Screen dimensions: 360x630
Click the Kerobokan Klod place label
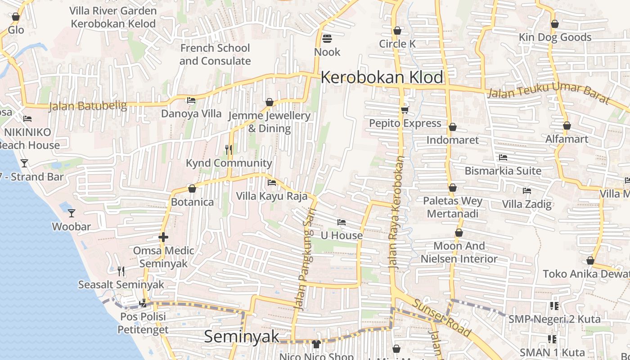pyautogui.click(x=382, y=77)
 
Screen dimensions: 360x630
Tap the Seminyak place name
pyautogui.click(x=242, y=337)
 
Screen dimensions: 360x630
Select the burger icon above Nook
pyautogui.click(x=327, y=38)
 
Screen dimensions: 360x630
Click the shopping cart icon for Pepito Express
pyautogui.click(x=405, y=110)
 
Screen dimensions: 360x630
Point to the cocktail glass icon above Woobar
pyautogui.click(x=72, y=213)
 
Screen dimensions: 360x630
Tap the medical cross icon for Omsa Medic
pyautogui.click(x=163, y=237)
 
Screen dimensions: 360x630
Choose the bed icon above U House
pyautogui.click(x=342, y=222)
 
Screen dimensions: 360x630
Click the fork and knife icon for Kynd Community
pyautogui.click(x=229, y=149)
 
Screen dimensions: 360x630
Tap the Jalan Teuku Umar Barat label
pyautogui.click(x=549, y=93)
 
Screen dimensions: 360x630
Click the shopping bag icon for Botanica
pyautogui.click(x=192, y=189)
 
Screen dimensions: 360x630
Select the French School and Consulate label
pyautogui.click(x=215, y=54)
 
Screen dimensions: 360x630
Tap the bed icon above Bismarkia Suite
pyautogui.click(x=503, y=157)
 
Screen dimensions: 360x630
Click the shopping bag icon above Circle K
pyautogui.click(x=397, y=31)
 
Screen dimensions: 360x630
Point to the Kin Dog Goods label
pyautogui.click(x=555, y=37)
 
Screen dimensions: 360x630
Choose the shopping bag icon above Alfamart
pyautogui.click(x=567, y=126)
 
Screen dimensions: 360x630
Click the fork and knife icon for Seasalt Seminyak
pyautogui.click(x=121, y=271)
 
